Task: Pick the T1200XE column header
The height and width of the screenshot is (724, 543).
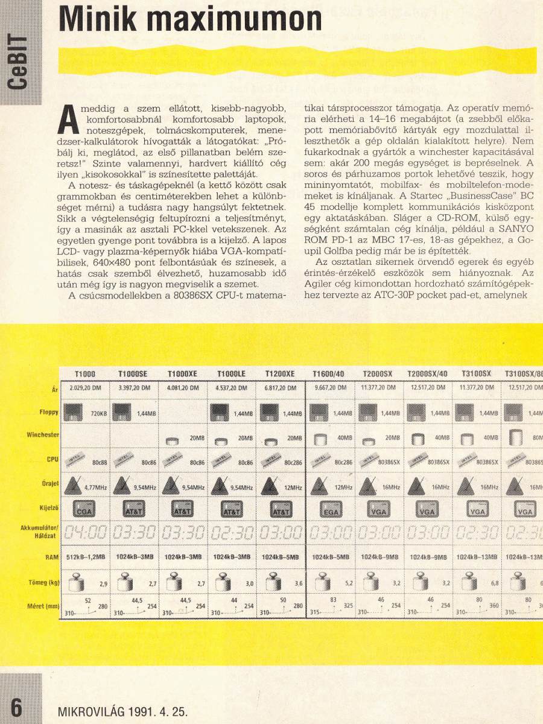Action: click(279, 374)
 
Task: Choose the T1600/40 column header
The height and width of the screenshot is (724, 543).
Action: click(329, 374)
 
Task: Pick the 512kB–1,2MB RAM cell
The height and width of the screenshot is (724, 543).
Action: click(85, 559)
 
